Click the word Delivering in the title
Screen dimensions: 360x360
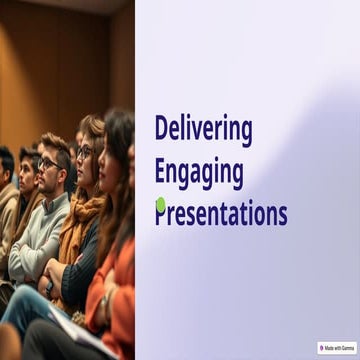(x=203, y=130)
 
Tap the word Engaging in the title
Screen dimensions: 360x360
(x=199, y=172)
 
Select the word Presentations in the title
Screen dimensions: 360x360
(x=221, y=213)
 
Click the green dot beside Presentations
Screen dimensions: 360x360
(x=160, y=205)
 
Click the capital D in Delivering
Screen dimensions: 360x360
(x=161, y=129)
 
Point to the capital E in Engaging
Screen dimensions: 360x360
(x=160, y=171)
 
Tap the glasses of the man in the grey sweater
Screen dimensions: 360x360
(x=47, y=163)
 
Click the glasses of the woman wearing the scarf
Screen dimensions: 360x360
(x=84, y=152)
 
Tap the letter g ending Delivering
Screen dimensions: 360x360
(x=246, y=133)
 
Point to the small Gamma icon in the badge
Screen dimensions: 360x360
(x=321, y=348)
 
